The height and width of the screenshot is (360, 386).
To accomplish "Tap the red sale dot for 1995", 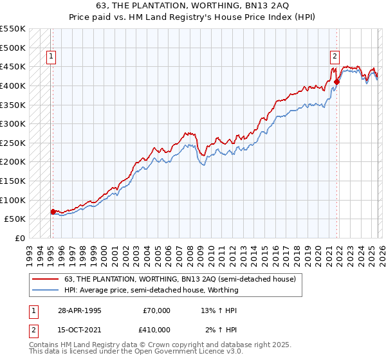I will pyautogui.click(x=53, y=211).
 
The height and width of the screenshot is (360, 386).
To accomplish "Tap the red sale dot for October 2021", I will pyautogui.click(x=336, y=82).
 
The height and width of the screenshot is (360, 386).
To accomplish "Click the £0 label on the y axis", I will pyautogui.click(x=19, y=238).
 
